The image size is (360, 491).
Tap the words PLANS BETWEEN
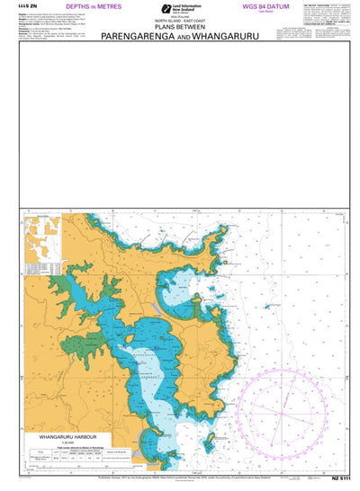pyautogui.click(x=180, y=30)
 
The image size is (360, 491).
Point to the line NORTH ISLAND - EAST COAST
pyautogui.click(x=180, y=23)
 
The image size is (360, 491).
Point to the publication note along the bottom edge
pyautogui.click(x=180, y=483)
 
